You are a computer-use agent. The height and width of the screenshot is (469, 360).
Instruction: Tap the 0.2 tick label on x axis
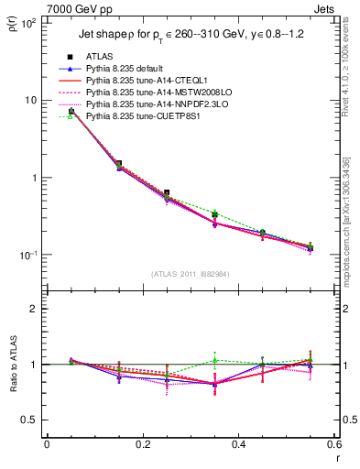pos(143,444)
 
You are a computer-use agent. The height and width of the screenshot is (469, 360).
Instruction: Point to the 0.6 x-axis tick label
pos(333,444)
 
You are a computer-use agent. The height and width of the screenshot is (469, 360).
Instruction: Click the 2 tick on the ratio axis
pos(33,309)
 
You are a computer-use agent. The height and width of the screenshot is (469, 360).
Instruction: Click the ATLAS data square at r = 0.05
pos(71,111)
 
